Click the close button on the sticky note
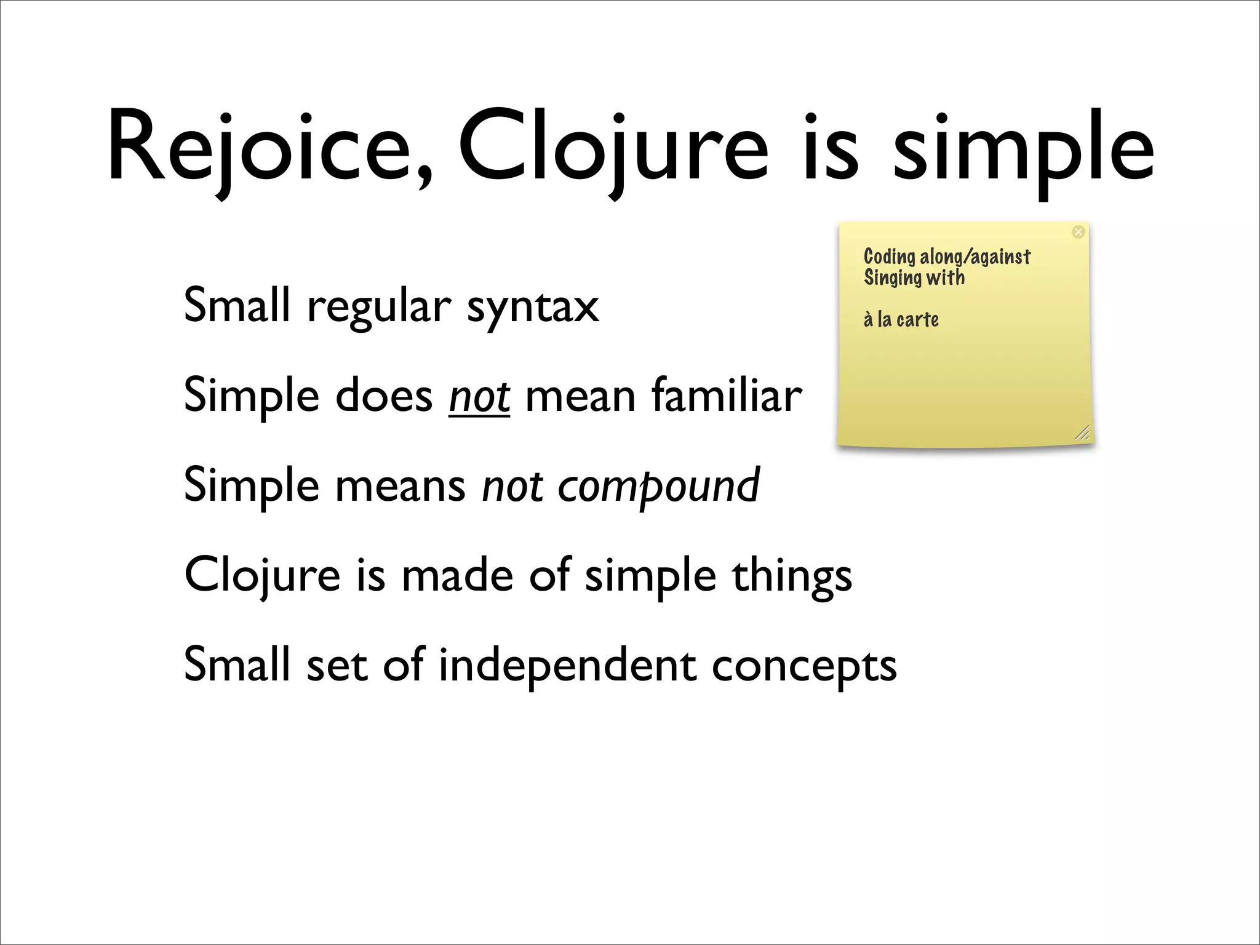(1078, 232)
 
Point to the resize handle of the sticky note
(1082, 433)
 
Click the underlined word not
(479, 396)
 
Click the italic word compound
(658, 485)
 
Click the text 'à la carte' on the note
(901, 319)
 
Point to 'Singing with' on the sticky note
(914, 277)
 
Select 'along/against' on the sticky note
(975, 257)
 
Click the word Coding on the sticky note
(889, 257)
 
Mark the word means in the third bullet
(401, 485)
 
